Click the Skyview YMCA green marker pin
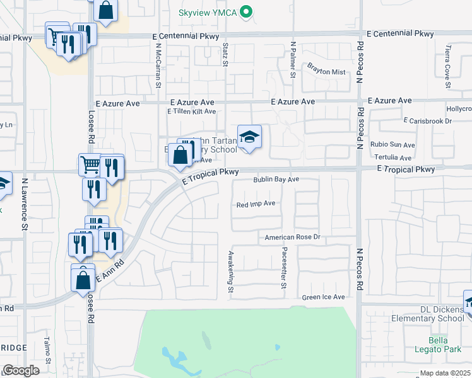click(x=248, y=11)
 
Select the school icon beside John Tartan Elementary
click(x=249, y=137)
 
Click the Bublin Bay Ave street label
click(x=276, y=180)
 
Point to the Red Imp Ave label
click(x=256, y=204)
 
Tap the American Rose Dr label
click(x=293, y=238)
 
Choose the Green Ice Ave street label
click(x=323, y=297)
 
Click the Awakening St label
click(x=231, y=272)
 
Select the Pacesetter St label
click(x=284, y=268)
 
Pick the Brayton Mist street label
click(x=327, y=72)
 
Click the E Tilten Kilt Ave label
click(x=191, y=112)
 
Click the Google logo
click(x=21, y=370)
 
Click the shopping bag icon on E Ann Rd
click(x=83, y=278)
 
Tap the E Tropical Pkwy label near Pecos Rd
click(x=406, y=169)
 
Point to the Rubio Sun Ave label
click(x=392, y=144)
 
